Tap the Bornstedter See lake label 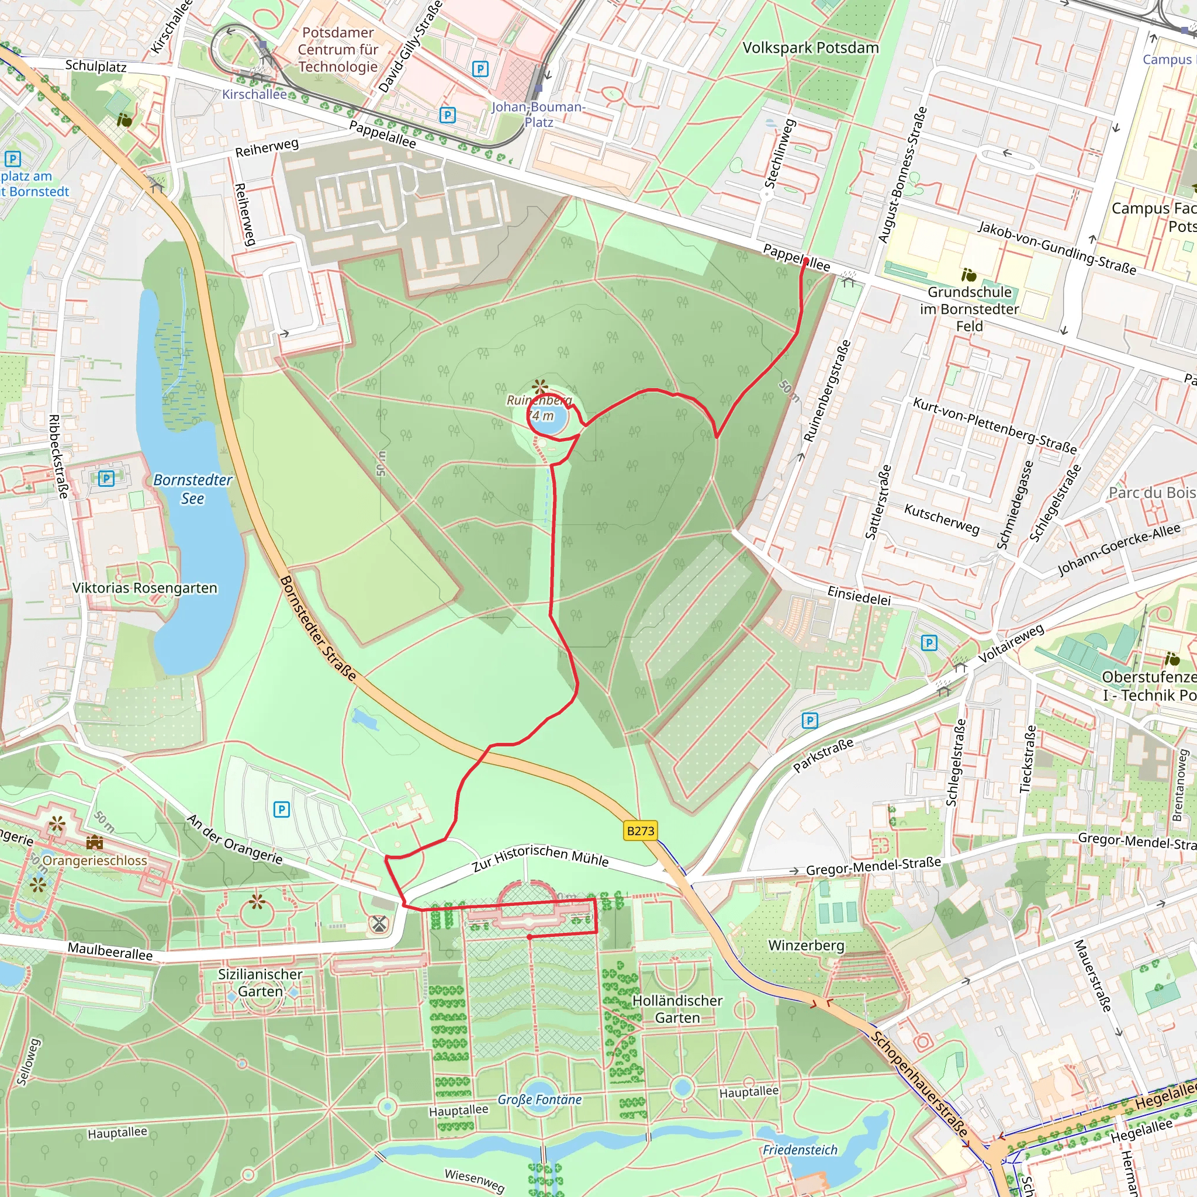pos(193,489)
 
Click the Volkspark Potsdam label pos(811,48)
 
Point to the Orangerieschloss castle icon pos(94,843)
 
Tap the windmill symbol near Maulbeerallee pos(379,925)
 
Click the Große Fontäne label pos(539,1099)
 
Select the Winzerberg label pos(806,946)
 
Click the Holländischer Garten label pos(677,1009)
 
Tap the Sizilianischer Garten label pos(260,982)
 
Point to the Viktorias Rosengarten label pos(145,588)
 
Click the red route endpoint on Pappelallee pos(805,261)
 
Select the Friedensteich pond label pos(800,1150)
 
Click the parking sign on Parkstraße pos(809,720)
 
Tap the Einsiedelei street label pos(859,596)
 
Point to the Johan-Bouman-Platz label pos(538,114)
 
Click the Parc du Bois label pos(1152,493)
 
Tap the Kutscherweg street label pos(942,518)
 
